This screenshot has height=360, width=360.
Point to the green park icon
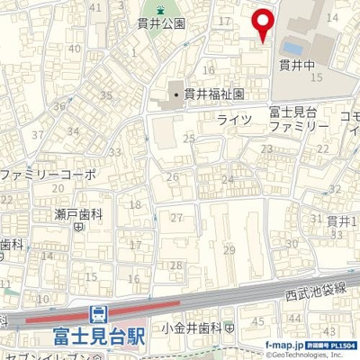tap(161, 10)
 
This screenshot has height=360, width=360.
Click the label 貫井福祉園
tap(213, 93)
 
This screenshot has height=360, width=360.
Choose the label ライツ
tap(233, 119)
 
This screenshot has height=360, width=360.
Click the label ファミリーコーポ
tap(47, 173)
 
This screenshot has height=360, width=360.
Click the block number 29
tap(229, 249)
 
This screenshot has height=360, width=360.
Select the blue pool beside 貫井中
tap(291, 45)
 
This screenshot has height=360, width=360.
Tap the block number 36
tap(59, 107)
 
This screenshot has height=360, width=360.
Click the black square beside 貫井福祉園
tap(177, 93)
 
